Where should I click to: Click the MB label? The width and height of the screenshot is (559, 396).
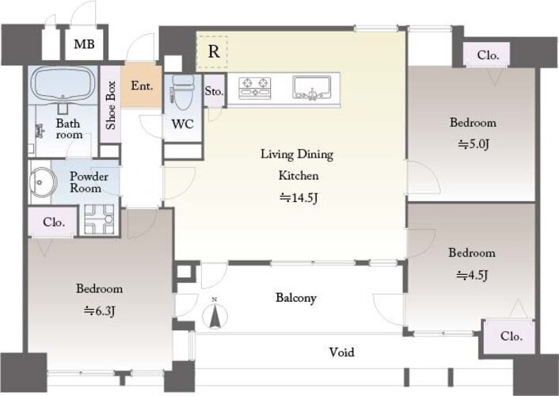pos(84,44)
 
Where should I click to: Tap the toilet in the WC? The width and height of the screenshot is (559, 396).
pos(183,92)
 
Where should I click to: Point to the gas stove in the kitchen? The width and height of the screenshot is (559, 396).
pos(254,88)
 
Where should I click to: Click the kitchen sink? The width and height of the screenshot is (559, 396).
pos(311,87)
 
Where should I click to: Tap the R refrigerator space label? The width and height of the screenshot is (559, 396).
pos(214,51)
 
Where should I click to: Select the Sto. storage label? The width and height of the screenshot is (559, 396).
pos(214,91)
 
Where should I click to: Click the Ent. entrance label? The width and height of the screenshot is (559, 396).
pos(142,86)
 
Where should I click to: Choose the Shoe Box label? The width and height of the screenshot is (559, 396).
pos(111,105)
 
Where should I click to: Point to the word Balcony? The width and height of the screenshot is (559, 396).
pos(296,298)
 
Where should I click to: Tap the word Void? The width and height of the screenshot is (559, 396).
pos(341,352)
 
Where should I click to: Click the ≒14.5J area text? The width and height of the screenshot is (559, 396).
pos(298,197)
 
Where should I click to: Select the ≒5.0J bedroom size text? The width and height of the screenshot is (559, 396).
pos(473,144)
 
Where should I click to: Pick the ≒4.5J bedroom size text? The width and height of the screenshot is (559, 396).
pos(472,275)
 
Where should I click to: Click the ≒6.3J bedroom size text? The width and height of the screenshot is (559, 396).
pos(100,311)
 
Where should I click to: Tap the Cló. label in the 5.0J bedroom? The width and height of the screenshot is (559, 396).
pos(488,55)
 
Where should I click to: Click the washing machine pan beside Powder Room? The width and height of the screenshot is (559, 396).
pos(99,219)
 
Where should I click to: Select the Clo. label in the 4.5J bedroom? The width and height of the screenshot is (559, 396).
pos(511,336)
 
